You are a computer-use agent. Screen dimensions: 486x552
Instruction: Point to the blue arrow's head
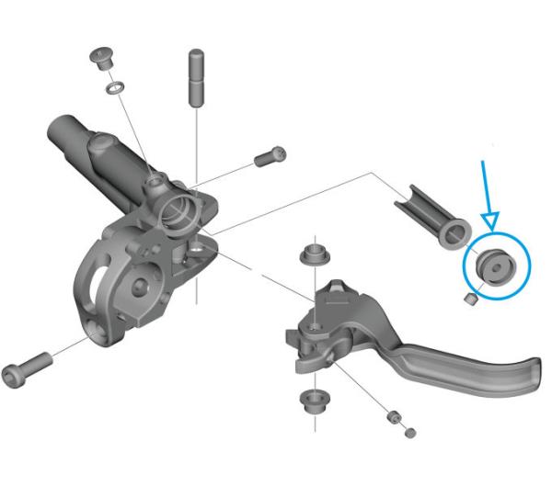pos(490,220)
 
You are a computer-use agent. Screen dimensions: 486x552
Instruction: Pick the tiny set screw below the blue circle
pos(470,299)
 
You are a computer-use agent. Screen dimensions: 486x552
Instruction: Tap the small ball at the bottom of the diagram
pos(409,432)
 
